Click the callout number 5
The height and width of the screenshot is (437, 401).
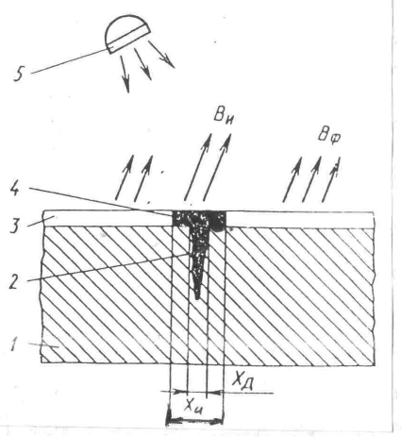pyautogui.click(x=19, y=75)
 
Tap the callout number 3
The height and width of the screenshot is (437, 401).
pyautogui.click(x=14, y=226)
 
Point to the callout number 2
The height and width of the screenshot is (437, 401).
pyautogui.click(x=14, y=282)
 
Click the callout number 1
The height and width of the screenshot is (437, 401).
pyautogui.click(x=13, y=345)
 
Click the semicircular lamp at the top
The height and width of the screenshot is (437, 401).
pyautogui.click(x=126, y=34)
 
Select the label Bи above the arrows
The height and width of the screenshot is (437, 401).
pyautogui.click(x=224, y=117)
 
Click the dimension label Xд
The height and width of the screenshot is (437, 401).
pyautogui.click(x=243, y=380)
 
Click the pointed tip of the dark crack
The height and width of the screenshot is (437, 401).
pyautogui.click(x=197, y=298)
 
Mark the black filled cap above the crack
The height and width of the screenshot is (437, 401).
pyautogui.click(x=200, y=219)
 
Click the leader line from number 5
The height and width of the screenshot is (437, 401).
pyautogui.click(x=70, y=61)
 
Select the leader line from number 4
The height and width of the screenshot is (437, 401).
pyautogui.click(x=101, y=201)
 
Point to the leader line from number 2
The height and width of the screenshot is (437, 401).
pyautogui.click(x=107, y=267)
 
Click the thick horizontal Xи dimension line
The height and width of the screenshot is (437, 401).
pyautogui.click(x=194, y=420)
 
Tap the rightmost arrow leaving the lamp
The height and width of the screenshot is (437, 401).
pyautogui.click(x=161, y=54)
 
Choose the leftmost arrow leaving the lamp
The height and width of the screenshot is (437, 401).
pyautogui.click(x=125, y=75)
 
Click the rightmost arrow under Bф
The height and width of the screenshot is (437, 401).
pyautogui.click(x=331, y=179)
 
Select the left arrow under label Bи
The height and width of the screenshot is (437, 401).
pyautogui.click(x=198, y=167)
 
